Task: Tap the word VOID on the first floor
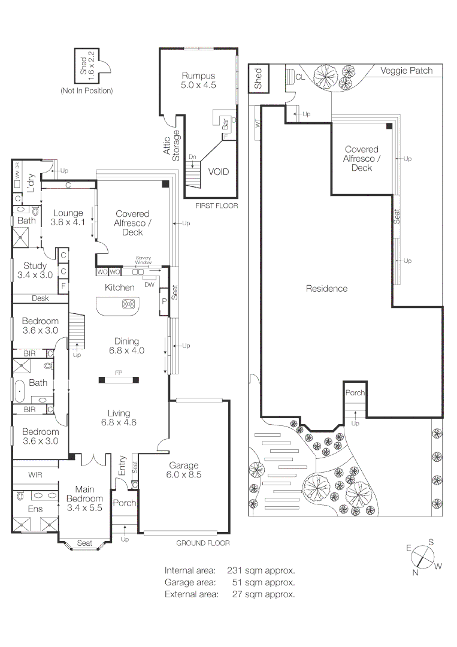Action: coord(218,172)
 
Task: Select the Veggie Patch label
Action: coord(407,71)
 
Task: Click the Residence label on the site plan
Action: coord(326,289)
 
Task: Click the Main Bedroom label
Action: coord(84,498)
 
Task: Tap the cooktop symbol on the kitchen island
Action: coord(128,304)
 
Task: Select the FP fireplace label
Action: coord(119,373)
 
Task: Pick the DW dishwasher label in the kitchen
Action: coord(149,284)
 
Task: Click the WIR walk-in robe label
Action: coord(35,475)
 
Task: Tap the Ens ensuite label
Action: coord(35,509)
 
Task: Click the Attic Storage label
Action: coord(172,145)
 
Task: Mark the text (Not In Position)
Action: coord(86,91)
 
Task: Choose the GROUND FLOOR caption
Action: coord(203,543)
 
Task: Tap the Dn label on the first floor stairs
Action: coord(192,157)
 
